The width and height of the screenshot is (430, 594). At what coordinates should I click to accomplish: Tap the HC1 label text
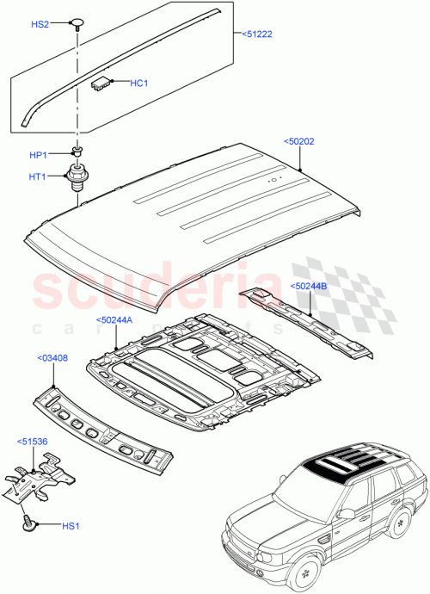140,83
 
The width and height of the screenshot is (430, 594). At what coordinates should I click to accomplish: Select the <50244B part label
308,286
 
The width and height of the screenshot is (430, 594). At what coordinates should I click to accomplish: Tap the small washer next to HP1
77,152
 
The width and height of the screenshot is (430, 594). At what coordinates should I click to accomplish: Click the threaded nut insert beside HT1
78,178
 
